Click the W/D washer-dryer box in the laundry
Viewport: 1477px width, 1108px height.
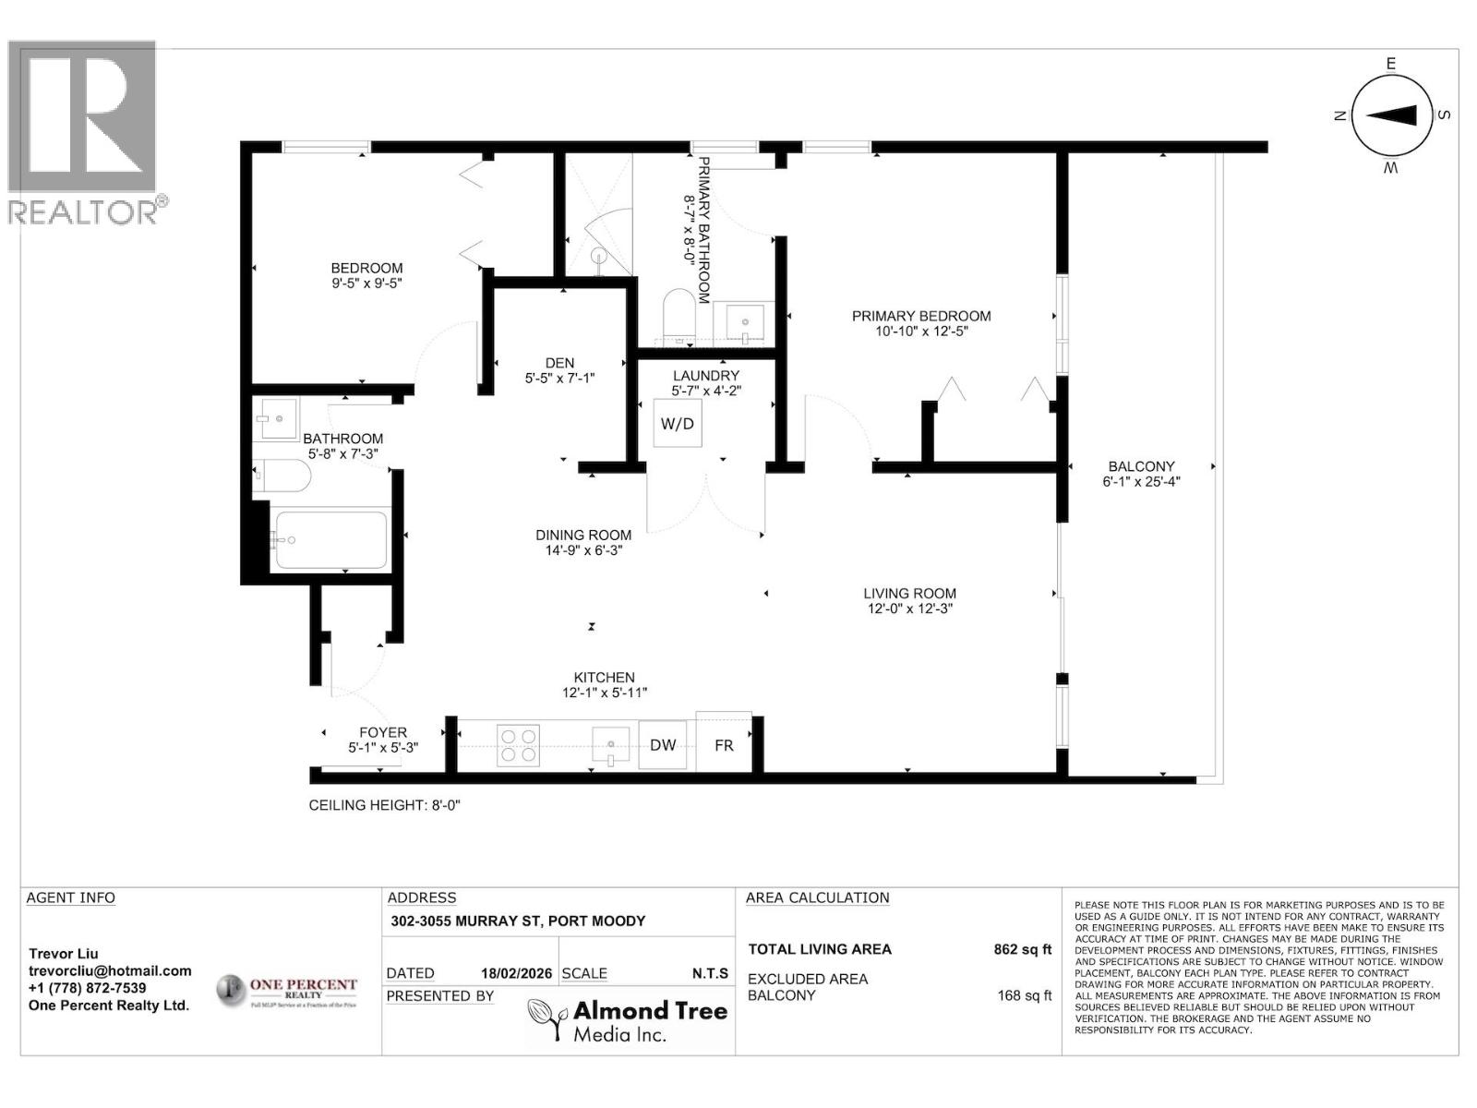tap(677, 424)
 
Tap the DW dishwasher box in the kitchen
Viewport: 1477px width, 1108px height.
tap(663, 745)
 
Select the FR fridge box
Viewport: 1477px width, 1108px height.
tap(724, 744)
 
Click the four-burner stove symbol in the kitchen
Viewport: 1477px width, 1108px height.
tap(518, 745)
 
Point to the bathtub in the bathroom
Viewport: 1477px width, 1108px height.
tap(330, 540)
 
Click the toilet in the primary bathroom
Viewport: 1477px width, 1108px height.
tap(679, 315)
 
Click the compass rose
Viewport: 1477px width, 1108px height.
tap(1391, 115)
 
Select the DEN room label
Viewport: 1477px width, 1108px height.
tap(559, 363)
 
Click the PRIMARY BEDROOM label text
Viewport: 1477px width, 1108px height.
tap(920, 316)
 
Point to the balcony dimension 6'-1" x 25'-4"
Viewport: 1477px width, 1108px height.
tap(1141, 481)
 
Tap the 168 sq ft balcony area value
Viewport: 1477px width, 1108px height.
tap(1024, 995)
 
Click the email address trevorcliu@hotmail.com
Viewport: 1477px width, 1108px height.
tap(110, 970)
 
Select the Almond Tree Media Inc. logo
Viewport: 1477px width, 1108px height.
tap(628, 1020)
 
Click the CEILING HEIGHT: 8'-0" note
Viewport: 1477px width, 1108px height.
tap(384, 805)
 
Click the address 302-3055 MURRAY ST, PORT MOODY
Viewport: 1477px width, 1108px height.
tap(518, 921)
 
